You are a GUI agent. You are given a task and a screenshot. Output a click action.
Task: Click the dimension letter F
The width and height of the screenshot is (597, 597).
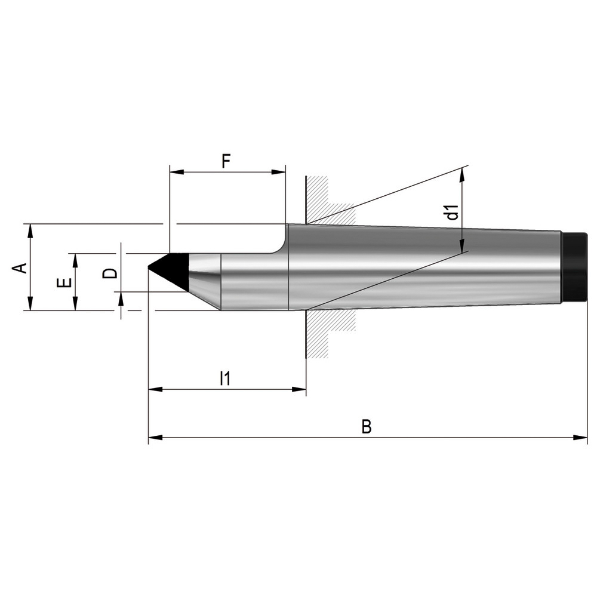click(226, 161)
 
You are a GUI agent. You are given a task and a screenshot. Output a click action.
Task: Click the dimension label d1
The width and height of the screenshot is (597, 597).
click(452, 212)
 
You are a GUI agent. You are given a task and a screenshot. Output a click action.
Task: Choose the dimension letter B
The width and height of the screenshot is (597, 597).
click(367, 427)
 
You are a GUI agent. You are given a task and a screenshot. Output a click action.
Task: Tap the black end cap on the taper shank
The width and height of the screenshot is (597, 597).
click(574, 267)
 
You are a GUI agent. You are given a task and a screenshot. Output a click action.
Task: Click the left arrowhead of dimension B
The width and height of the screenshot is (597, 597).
click(155, 438)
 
